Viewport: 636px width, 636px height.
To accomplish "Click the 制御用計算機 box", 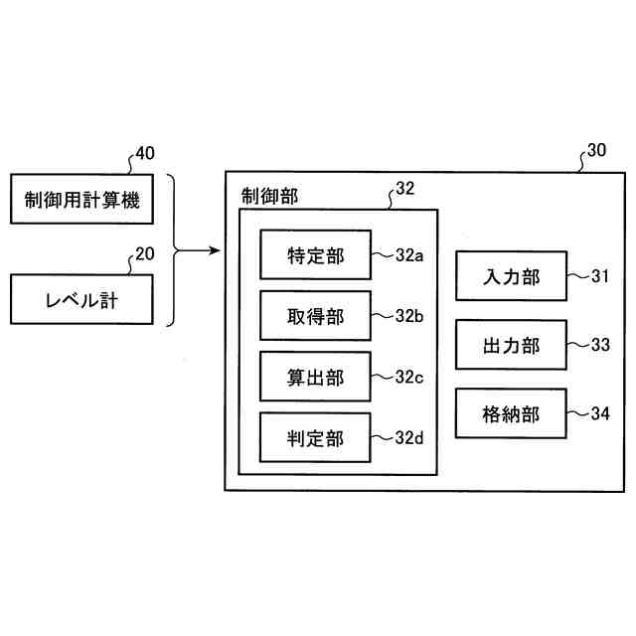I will pyautogui.click(x=81, y=202).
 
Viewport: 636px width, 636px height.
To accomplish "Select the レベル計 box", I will pyautogui.click(x=81, y=299).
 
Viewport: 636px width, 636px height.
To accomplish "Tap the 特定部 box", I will pyautogui.click(x=315, y=255).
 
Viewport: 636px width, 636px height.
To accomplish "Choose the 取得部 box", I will pyautogui.click(x=315, y=316).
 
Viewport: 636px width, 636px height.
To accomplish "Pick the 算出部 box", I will pyautogui.click(x=315, y=377).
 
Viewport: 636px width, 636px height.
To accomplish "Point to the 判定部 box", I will pyautogui.click(x=315, y=437).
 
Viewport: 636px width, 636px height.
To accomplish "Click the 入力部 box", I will pyautogui.click(x=511, y=276).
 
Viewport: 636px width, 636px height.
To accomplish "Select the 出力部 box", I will pyautogui.click(x=511, y=345).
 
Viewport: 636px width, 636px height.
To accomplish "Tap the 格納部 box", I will pyautogui.click(x=511, y=413).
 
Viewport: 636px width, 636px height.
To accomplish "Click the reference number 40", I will pyautogui.click(x=145, y=153).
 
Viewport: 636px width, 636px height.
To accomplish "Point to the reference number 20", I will pyautogui.click(x=144, y=253).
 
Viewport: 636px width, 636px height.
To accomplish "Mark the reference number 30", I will pyautogui.click(x=595, y=151).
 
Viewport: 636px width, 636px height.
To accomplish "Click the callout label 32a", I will pyautogui.click(x=408, y=255).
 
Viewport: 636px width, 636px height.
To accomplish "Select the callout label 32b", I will pyautogui.click(x=408, y=316).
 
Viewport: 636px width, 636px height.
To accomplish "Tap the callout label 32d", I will pyautogui.click(x=408, y=437).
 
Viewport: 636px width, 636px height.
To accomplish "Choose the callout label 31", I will pyautogui.click(x=599, y=276).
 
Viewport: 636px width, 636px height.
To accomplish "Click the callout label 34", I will pyautogui.click(x=599, y=413).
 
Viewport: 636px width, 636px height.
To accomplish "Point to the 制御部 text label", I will pyautogui.click(x=268, y=196).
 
